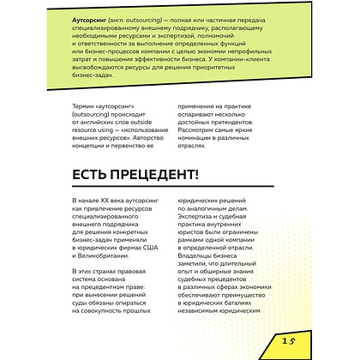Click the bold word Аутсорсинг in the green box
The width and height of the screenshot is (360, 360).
(x=93, y=16)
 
